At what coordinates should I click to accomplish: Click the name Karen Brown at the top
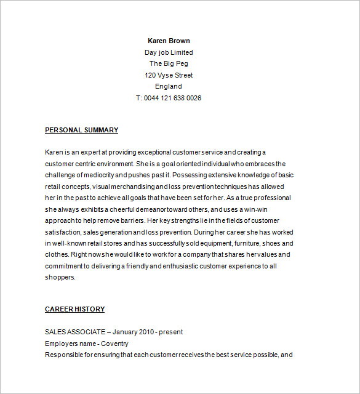[169, 41]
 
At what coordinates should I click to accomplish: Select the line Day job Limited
[169, 52]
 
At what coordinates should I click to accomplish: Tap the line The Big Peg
[169, 63]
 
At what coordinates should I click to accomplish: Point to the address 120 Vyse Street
[169, 75]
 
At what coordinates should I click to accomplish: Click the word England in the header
[169, 86]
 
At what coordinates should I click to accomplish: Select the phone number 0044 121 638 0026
[173, 98]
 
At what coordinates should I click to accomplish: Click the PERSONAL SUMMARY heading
[81, 130]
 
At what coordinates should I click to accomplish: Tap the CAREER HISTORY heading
[74, 309]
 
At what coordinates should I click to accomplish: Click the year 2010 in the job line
[146, 332]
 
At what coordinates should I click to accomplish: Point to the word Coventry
[114, 344]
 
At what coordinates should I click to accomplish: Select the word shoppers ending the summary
[60, 277]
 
